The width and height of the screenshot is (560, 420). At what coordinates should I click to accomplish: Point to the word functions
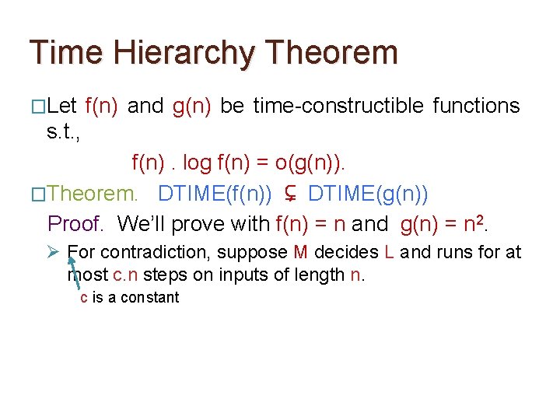click(x=476, y=106)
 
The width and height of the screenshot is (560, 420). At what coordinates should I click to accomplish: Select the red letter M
click(x=301, y=252)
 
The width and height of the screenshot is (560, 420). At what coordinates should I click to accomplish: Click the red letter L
click(x=390, y=252)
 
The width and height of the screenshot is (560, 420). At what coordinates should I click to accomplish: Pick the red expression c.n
click(x=124, y=275)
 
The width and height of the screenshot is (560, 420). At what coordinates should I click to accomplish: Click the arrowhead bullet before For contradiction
click(x=54, y=252)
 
